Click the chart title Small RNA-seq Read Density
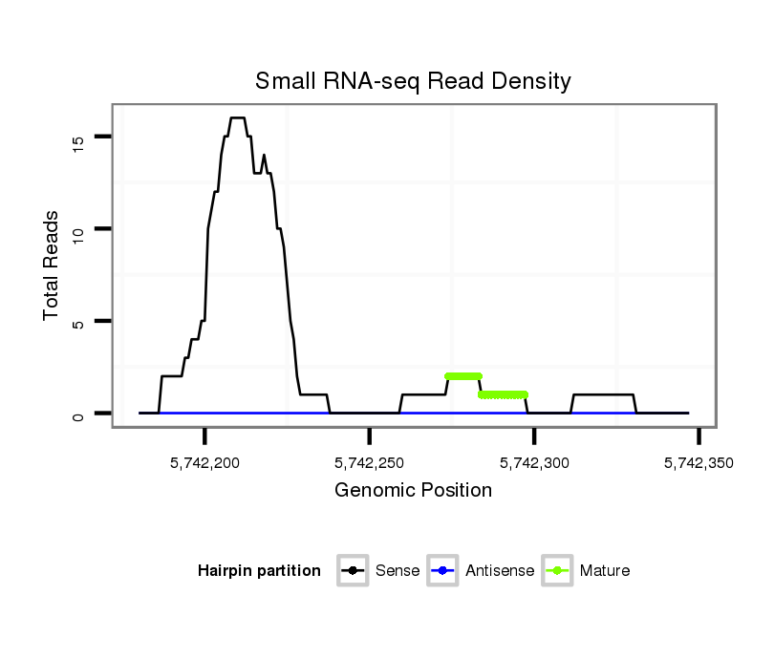coord(413,81)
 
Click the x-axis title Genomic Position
coord(413,491)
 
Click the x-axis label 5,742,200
coord(205,462)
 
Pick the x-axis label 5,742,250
coord(370,462)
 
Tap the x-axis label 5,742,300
coord(534,462)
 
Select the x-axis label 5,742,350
coord(699,462)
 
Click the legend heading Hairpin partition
coord(259,571)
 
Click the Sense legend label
coord(398,571)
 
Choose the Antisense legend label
coord(500,571)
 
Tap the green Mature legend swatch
coord(557,571)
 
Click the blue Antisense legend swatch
coord(444,571)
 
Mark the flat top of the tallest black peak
coord(238,117)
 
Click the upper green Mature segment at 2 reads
coord(463,376)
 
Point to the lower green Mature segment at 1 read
coord(503,394)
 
